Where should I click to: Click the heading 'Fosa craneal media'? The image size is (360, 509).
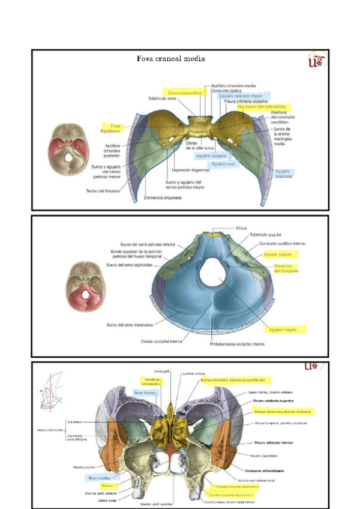pyautogui.click(x=171, y=59)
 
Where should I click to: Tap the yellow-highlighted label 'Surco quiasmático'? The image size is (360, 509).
pyautogui.click(x=185, y=93)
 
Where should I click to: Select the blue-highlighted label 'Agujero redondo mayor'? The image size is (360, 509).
pyautogui.click(x=241, y=96)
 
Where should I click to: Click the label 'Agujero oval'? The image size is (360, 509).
pyautogui.click(x=223, y=164)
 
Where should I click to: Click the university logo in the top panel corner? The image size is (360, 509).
pyautogui.click(x=316, y=61)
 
